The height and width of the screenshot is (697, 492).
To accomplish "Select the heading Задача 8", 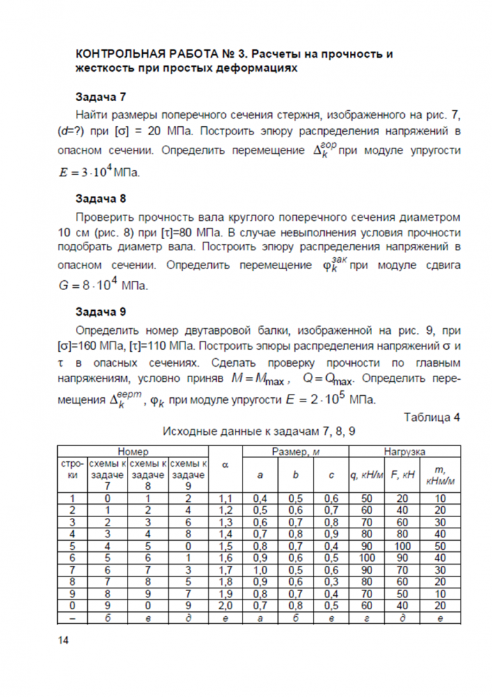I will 100,198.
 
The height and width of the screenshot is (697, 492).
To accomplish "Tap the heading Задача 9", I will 100,312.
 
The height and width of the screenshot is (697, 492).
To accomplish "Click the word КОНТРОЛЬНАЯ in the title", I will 119,54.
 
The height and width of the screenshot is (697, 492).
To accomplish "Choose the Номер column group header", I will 132,452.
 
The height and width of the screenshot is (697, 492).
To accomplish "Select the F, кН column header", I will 404,475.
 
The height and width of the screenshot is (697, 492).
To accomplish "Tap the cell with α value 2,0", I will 225,605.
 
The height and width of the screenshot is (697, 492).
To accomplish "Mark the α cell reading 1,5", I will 225,546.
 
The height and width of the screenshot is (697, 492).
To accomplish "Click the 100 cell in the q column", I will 367,558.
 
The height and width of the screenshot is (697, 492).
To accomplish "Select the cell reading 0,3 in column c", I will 332,581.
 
